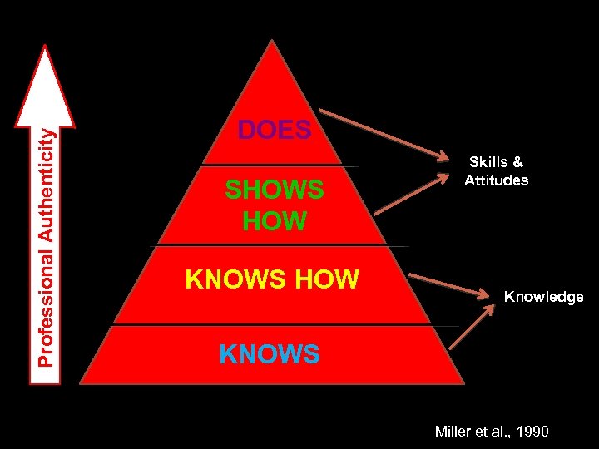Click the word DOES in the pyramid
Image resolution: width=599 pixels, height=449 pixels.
click(x=275, y=131)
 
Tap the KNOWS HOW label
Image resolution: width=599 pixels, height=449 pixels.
click(x=272, y=279)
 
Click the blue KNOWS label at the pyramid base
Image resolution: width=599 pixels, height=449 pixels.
click(x=270, y=354)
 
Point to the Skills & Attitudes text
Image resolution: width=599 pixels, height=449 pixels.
click(x=496, y=171)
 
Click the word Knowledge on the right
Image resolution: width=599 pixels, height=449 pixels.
click(x=543, y=297)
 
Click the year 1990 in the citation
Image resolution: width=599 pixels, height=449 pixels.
click(x=533, y=431)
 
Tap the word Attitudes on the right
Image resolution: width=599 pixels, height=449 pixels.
click(x=496, y=180)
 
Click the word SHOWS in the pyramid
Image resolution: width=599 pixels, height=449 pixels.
click(x=275, y=190)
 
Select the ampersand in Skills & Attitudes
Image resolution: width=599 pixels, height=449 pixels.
click(x=517, y=163)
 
